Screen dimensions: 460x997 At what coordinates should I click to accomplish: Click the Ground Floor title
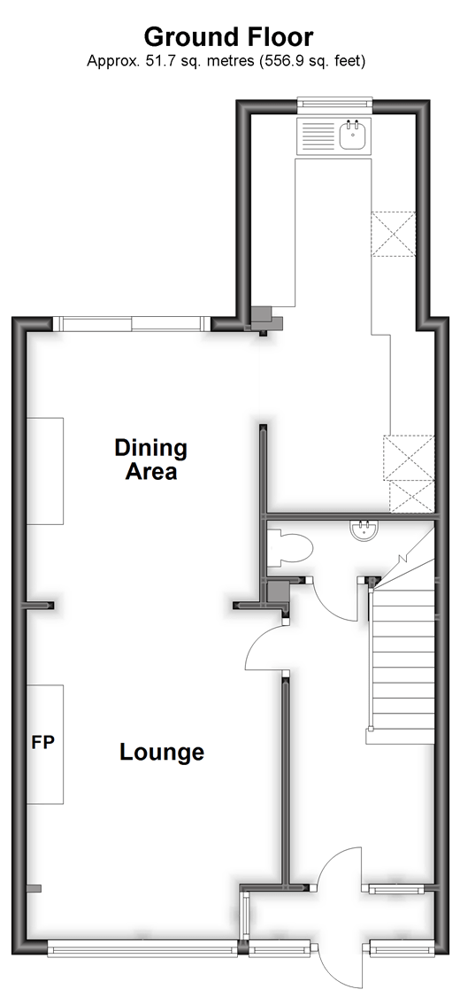tap(229, 37)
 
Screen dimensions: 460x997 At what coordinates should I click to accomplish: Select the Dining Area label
tap(150, 460)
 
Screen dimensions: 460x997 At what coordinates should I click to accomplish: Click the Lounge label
tap(162, 753)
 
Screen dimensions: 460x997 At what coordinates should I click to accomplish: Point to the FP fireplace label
tap(43, 741)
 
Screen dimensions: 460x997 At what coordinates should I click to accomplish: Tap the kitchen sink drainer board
tap(317, 136)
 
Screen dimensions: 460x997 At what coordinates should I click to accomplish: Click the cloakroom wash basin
tap(364, 529)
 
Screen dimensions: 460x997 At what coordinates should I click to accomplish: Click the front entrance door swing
tap(339, 869)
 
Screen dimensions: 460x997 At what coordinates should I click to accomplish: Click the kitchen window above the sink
tap(334, 103)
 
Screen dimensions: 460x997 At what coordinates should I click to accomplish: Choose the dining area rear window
tap(132, 323)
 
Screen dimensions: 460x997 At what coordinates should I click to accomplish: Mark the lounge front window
tap(142, 950)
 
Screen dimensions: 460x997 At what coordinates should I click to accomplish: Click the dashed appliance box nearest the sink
tap(393, 235)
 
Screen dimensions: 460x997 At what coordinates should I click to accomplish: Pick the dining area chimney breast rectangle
tap(44, 471)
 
